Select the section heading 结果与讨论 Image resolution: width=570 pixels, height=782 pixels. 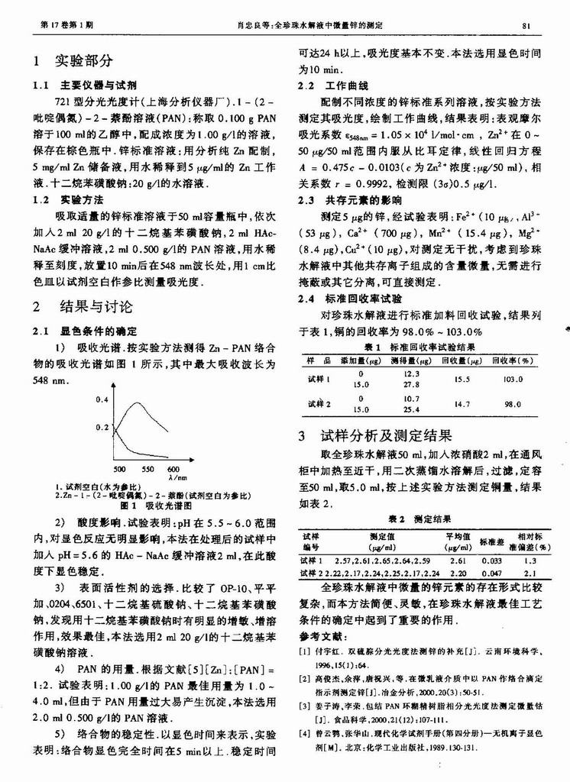click(x=95, y=307)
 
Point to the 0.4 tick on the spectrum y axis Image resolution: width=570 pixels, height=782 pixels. click(x=102, y=399)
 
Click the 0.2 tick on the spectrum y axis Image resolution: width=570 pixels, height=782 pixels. click(x=102, y=428)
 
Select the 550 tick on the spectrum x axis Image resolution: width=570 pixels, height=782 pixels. click(x=147, y=469)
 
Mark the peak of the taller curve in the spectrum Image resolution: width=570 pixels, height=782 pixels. click(x=138, y=402)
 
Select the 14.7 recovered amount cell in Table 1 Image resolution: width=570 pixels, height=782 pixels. click(x=462, y=404)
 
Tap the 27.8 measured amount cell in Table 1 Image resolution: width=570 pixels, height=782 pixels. click(x=411, y=385)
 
